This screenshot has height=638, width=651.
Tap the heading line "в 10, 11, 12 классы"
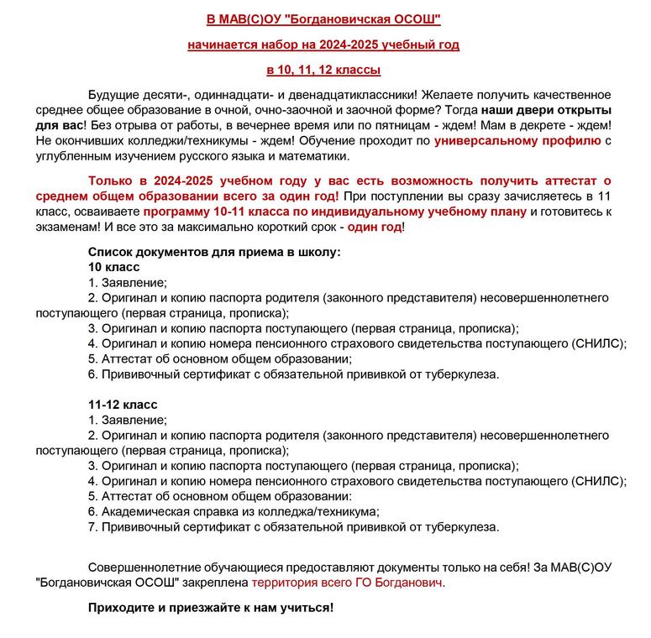pos(323,70)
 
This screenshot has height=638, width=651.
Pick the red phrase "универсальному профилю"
pos(517,140)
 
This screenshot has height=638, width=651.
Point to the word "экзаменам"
pos(68,227)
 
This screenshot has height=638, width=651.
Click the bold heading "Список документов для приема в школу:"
pos(214,252)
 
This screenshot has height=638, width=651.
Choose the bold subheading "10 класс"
pos(114,267)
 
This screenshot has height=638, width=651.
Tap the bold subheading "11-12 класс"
pos(123,405)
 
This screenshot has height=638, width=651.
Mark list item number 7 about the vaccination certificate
pos(294,527)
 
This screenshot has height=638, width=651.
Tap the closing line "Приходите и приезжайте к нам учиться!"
pos(211,607)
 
